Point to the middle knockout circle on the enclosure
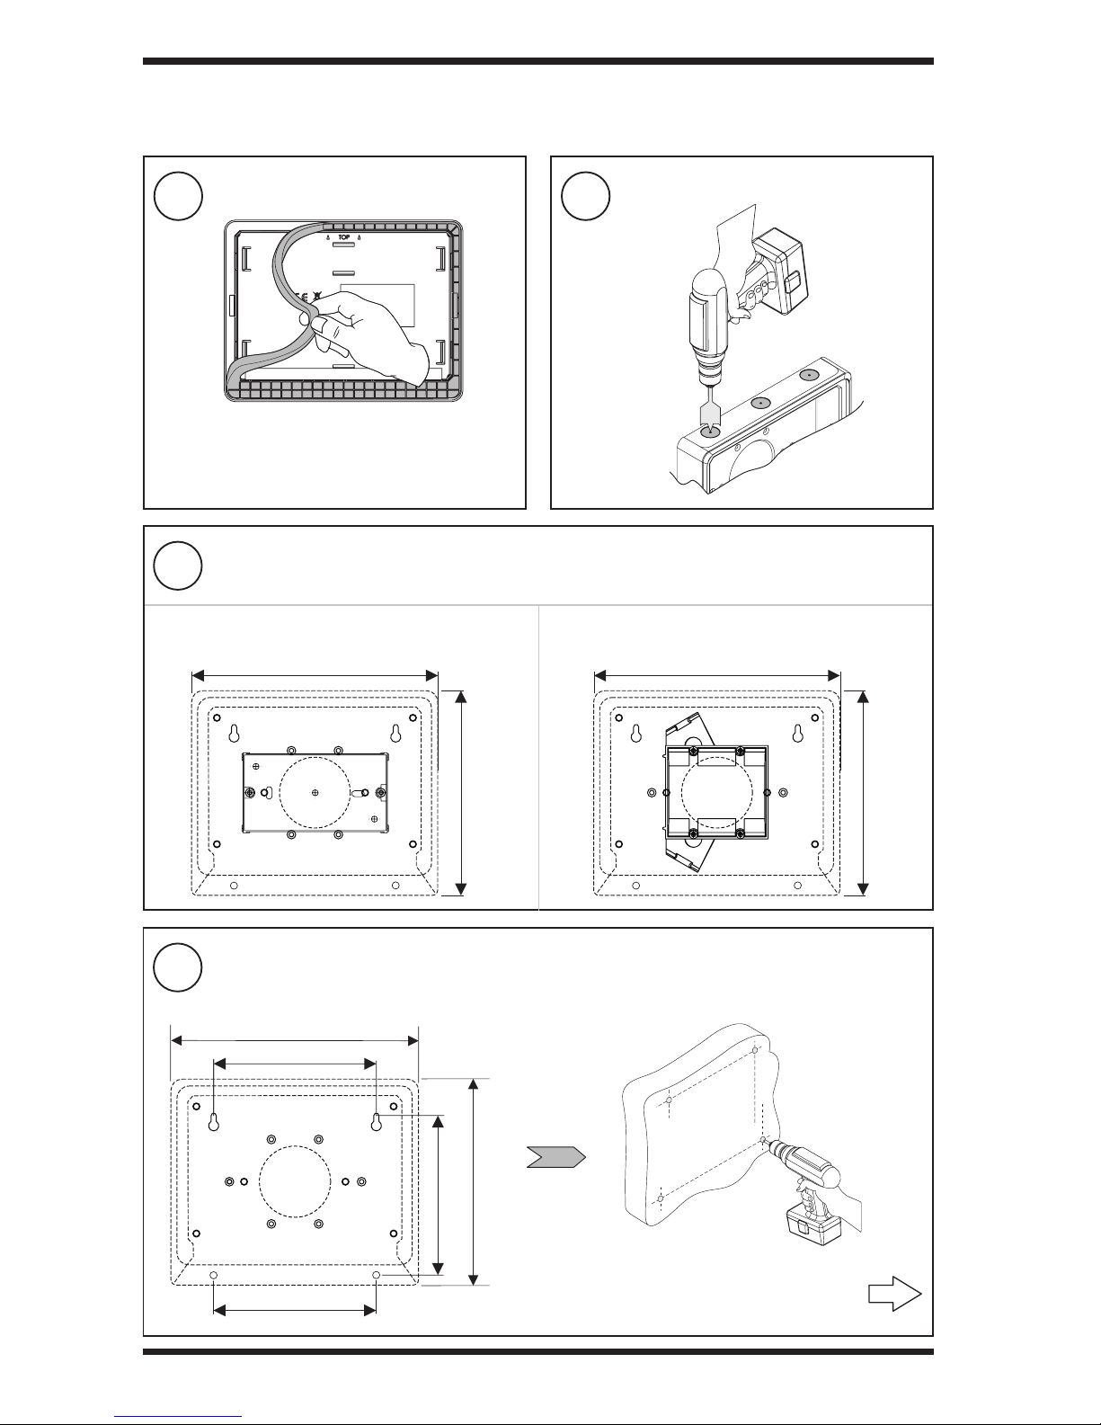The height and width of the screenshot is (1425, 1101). coord(760,403)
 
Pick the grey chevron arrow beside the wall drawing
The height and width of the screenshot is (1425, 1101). coord(555,1157)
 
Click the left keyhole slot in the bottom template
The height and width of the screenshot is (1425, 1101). coord(214,1121)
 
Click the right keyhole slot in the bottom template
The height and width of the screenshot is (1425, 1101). coord(376,1121)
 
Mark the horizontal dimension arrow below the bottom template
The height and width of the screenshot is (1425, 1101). coord(294,1311)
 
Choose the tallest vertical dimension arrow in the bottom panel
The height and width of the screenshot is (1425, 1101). coord(475,1181)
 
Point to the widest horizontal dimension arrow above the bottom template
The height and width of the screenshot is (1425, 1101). coord(295,1040)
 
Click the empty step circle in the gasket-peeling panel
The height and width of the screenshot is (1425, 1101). coord(177,197)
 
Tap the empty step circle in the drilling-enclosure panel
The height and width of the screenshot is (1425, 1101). coord(585,197)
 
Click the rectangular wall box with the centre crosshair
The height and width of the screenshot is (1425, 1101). coord(315,792)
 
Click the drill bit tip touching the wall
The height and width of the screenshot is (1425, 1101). coord(763,1139)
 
